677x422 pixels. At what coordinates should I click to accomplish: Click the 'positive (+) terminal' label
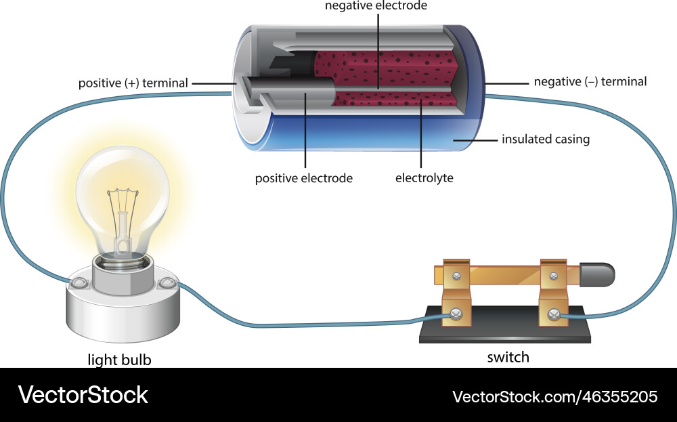pos(133,83)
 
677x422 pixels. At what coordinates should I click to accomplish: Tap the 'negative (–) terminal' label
pos(590,82)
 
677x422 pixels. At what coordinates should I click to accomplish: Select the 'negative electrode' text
pos(376,6)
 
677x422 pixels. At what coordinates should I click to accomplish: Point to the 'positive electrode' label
pos(304,179)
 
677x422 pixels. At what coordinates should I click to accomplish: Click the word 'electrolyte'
pos(424,179)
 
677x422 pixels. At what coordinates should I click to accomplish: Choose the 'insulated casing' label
pos(546,140)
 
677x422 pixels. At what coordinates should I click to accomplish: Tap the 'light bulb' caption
pos(120,360)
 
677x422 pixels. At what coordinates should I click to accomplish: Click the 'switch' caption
pos(508,357)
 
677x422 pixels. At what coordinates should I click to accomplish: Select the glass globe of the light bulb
pos(122,190)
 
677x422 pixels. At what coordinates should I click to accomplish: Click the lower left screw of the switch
pos(456,314)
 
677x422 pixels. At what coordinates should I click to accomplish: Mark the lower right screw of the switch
pos(554,314)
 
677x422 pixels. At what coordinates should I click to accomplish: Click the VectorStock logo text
pos(83,395)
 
